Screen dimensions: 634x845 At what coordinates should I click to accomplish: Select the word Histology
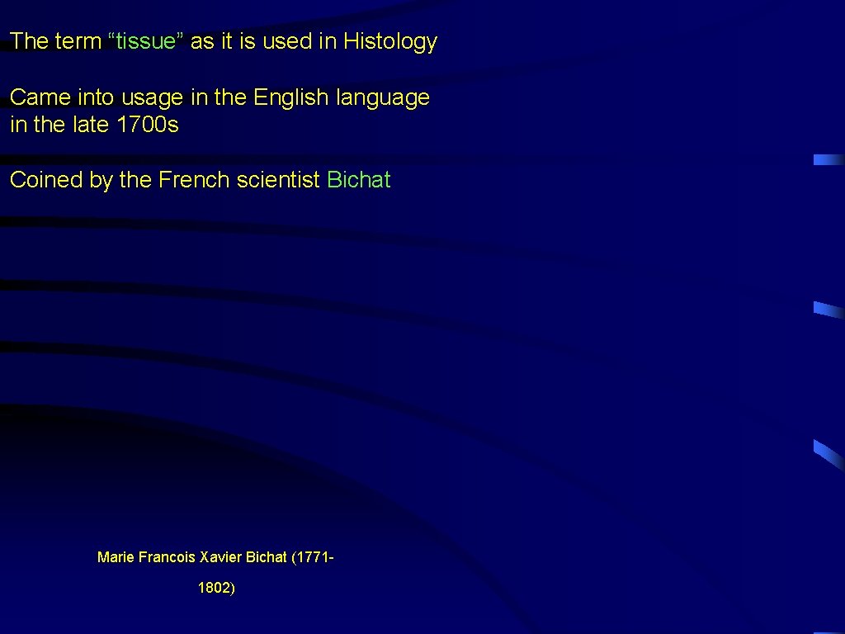point(390,41)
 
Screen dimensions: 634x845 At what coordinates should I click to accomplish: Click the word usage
point(153,97)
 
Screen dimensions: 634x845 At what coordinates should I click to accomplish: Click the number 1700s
point(148,125)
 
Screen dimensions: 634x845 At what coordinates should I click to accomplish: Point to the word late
point(90,125)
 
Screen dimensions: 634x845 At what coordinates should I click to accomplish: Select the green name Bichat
point(359,180)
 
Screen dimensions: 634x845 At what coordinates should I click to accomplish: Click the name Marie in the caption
point(116,557)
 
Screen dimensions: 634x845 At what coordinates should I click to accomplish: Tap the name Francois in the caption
point(168,557)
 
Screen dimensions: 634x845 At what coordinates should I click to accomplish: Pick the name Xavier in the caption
point(221,557)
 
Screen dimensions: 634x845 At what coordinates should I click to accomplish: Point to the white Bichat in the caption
point(267,557)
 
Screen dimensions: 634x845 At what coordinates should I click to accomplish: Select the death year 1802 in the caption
point(215,589)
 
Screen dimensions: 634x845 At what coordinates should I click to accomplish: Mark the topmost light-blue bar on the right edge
point(828,160)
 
